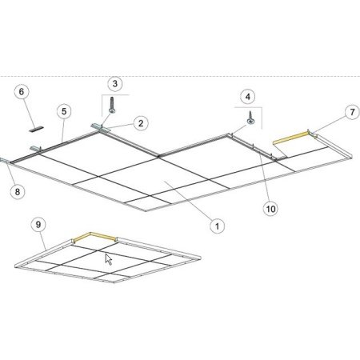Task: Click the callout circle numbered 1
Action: [217, 226]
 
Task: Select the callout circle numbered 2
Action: [141, 123]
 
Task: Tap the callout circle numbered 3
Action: [115, 83]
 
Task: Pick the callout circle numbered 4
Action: [248, 97]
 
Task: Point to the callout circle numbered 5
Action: [64, 111]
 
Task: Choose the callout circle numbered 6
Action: [22, 92]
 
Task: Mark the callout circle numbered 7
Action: [352, 112]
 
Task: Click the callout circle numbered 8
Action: [18, 191]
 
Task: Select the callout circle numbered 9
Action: [38, 225]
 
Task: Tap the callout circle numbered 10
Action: [270, 209]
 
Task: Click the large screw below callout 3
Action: [112, 106]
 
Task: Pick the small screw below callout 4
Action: [250, 118]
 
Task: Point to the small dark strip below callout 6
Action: [36, 129]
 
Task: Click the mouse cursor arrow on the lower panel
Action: [108, 259]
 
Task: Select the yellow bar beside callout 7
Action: [291, 138]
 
